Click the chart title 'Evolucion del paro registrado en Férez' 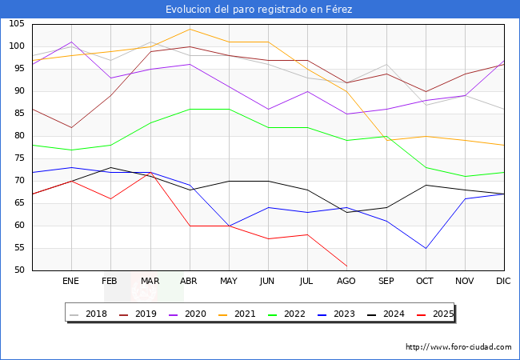(x=259, y=10)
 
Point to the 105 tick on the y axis (x=17, y=24)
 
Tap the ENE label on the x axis (x=71, y=282)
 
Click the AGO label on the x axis (x=346, y=282)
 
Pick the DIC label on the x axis (x=503, y=282)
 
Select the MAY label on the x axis (x=229, y=282)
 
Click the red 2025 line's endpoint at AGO (x=346, y=266)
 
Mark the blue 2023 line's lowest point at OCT (x=425, y=248)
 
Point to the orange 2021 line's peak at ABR (x=190, y=30)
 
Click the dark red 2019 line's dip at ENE (x=71, y=127)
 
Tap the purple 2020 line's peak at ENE (x=71, y=42)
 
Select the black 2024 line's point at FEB (x=110, y=167)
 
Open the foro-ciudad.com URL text (x=458, y=347)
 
